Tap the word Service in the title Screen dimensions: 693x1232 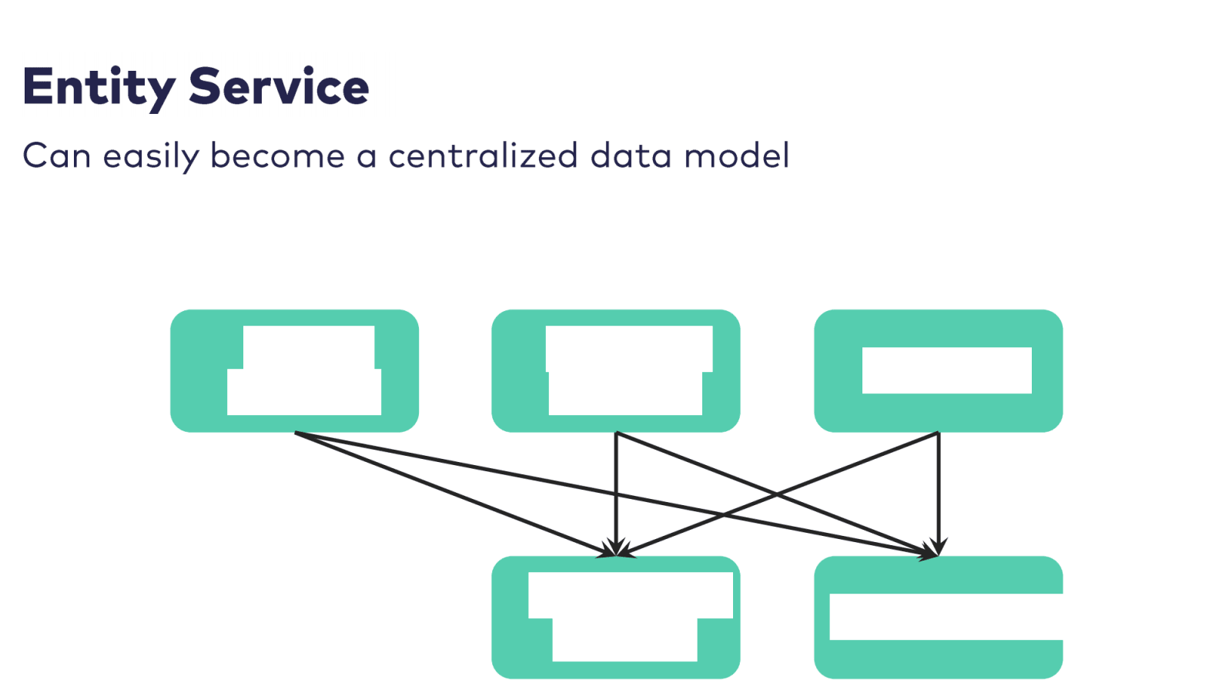(x=279, y=86)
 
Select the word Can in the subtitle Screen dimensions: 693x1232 (x=57, y=156)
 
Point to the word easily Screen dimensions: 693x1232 (x=151, y=157)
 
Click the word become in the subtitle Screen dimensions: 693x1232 (x=277, y=156)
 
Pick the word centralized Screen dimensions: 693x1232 (x=483, y=156)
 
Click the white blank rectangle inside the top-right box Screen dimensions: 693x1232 (x=946, y=370)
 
